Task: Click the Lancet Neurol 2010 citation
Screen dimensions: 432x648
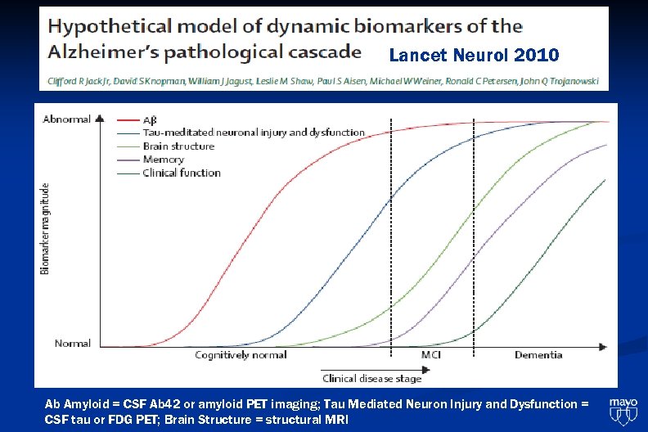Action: [x=474, y=56]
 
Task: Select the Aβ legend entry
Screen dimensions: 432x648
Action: [x=151, y=119]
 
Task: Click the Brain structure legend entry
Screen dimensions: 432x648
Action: [x=178, y=146]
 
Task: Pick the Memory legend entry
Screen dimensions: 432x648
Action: [x=164, y=160]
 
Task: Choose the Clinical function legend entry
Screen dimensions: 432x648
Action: [x=182, y=173]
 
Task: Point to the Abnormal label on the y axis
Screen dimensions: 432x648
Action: [x=66, y=119]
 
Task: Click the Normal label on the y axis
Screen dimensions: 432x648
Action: [x=73, y=344]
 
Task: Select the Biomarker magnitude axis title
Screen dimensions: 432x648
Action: [x=46, y=228]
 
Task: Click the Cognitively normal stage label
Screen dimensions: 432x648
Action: [x=241, y=355]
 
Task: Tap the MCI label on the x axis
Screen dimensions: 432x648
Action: [x=431, y=355]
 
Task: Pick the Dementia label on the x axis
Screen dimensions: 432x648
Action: [x=538, y=355]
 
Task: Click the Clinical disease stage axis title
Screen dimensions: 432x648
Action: [x=372, y=379]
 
